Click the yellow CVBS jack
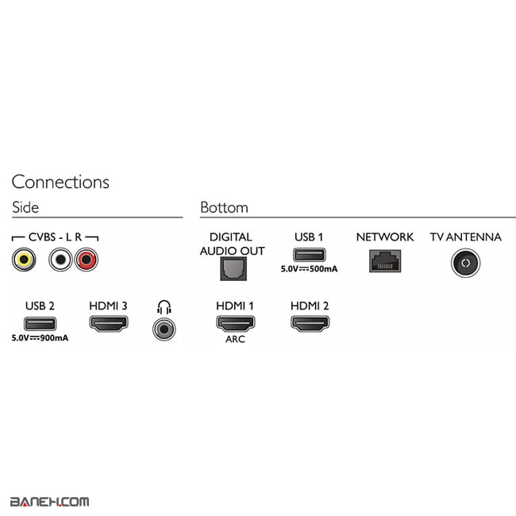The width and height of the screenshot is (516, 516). [x=23, y=259]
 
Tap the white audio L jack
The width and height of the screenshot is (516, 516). [x=60, y=259]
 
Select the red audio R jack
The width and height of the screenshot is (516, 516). [x=86, y=259]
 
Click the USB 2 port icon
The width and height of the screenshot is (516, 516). [x=40, y=323]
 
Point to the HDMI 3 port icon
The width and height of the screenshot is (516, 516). [x=108, y=323]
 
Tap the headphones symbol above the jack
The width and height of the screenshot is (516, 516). [x=164, y=306]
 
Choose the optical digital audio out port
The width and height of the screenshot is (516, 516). [x=231, y=270]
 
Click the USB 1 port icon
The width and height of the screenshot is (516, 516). [x=309, y=256]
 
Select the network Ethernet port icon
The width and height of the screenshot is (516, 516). [x=384, y=260]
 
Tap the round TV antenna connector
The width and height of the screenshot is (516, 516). [x=465, y=262]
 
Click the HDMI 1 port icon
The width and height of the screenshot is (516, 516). [x=235, y=323]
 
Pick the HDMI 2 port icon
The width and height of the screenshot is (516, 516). [x=310, y=323]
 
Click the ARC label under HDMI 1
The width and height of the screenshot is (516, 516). [x=235, y=339]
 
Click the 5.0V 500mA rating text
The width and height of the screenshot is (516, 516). [x=309, y=269]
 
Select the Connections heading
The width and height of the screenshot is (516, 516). [x=60, y=182]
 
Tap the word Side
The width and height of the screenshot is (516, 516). [x=25, y=207]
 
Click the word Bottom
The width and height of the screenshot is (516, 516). [x=224, y=207]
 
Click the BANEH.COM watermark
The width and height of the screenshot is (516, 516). [x=49, y=501]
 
